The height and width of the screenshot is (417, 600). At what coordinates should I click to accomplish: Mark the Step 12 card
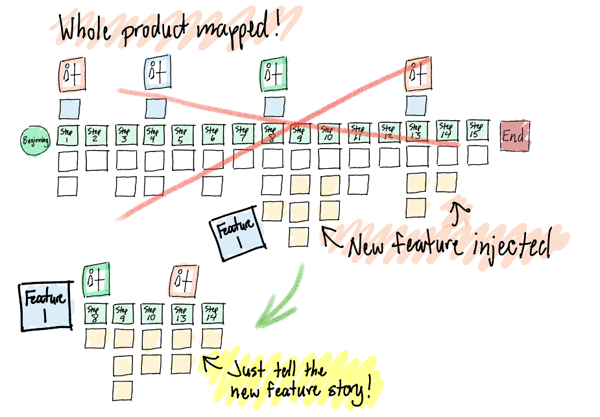[x=389, y=134]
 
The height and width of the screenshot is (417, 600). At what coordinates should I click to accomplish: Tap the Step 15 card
[x=476, y=131]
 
